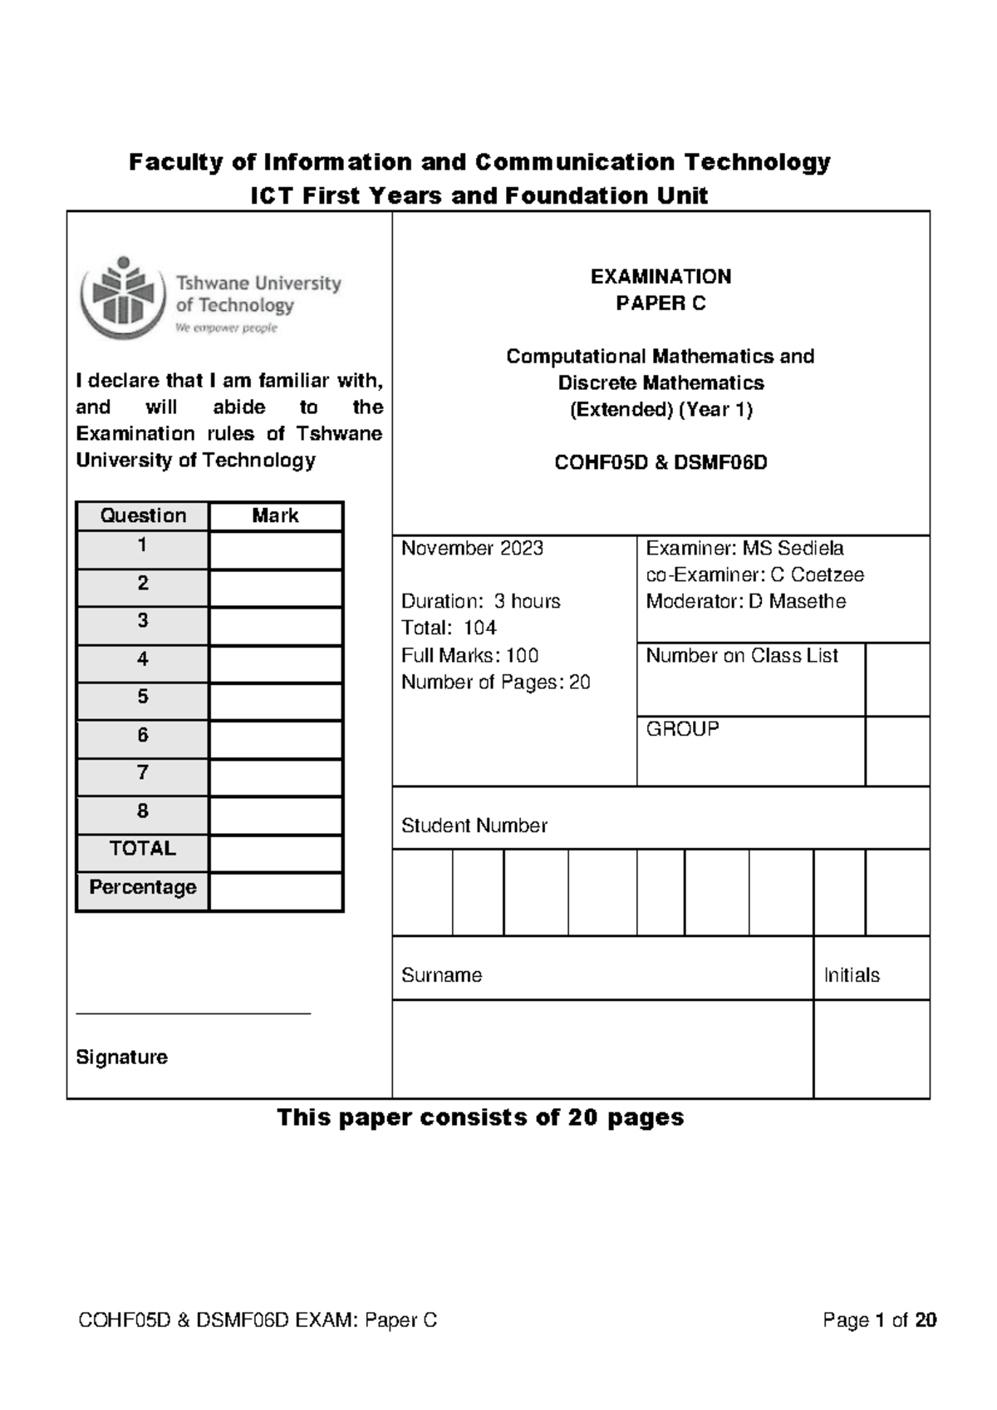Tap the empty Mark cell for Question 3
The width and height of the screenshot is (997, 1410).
click(276, 626)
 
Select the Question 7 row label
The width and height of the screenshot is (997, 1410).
click(142, 773)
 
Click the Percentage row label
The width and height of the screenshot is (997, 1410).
click(142, 887)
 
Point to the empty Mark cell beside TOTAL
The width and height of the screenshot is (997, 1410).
click(276, 853)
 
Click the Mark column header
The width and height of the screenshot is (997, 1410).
click(275, 515)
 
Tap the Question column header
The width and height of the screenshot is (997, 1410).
click(142, 515)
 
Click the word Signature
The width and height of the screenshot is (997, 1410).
click(121, 1057)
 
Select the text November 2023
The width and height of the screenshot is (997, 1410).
click(472, 549)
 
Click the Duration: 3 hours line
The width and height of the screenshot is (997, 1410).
click(480, 601)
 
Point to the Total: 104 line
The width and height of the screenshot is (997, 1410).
click(449, 628)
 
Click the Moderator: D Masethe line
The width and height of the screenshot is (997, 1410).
click(745, 601)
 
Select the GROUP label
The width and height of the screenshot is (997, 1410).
click(682, 729)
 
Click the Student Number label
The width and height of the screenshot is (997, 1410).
click(474, 826)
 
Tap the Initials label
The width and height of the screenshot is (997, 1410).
click(851, 975)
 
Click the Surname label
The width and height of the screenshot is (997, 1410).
click(441, 975)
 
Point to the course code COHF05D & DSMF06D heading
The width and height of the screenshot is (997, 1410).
click(661, 463)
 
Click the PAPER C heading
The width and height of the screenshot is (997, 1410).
click(661, 303)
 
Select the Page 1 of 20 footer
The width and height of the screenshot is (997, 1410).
click(879, 1319)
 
